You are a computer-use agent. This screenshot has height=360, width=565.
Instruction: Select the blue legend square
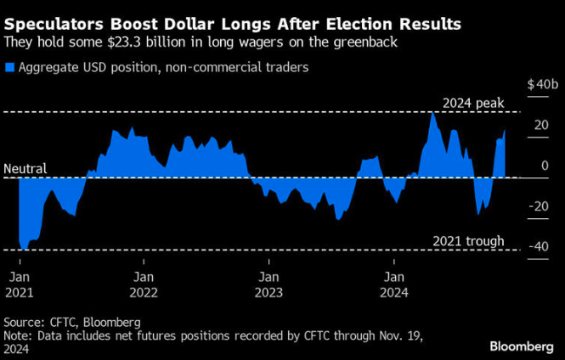click(x=8, y=66)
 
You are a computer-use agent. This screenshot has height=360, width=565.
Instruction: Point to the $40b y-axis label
click(x=542, y=86)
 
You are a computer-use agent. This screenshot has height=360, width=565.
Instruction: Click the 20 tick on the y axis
click(x=540, y=126)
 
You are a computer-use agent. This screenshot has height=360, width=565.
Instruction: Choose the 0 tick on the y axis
click(x=545, y=166)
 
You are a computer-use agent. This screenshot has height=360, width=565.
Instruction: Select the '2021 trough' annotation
click(x=469, y=241)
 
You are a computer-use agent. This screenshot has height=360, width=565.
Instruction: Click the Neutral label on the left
click(x=25, y=169)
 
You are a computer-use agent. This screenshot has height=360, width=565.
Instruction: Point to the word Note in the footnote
click(x=17, y=335)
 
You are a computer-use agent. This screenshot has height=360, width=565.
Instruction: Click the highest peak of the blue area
click(x=432, y=113)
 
